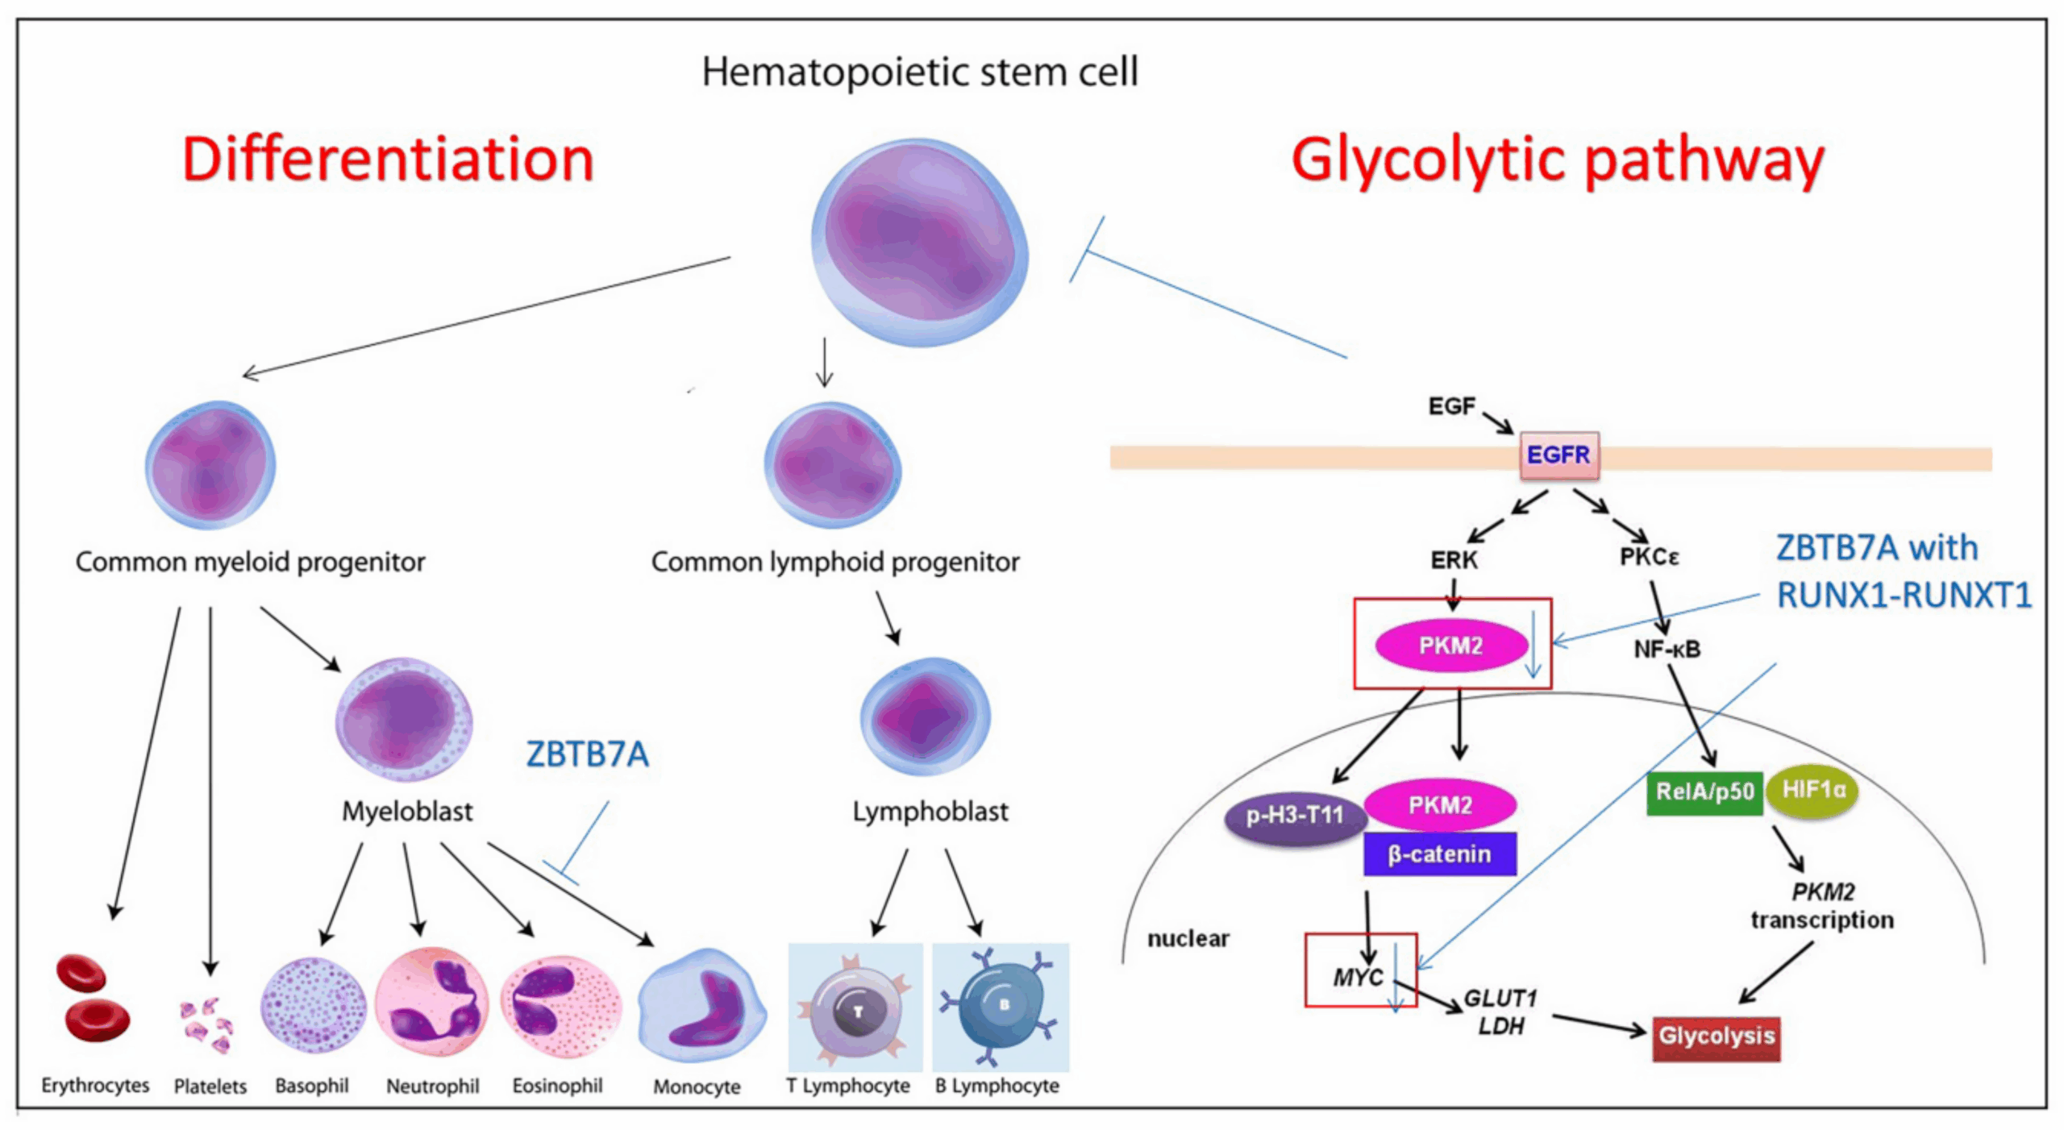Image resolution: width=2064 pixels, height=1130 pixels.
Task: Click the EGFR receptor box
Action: (x=1558, y=455)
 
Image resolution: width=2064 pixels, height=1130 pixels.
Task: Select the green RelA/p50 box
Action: (x=1703, y=791)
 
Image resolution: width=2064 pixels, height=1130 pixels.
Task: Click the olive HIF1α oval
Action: (x=1812, y=789)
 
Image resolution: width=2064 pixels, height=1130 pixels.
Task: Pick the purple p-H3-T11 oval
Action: (x=1293, y=816)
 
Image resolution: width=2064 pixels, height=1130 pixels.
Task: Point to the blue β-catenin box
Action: (x=1438, y=854)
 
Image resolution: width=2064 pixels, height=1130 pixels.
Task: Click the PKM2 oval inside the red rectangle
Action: (x=1450, y=645)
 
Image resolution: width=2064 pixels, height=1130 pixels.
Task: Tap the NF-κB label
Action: (x=1666, y=649)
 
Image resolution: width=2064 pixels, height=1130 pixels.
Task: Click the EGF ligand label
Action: (x=1450, y=405)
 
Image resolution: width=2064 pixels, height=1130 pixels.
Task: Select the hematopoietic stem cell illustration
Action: (x=919, y=242)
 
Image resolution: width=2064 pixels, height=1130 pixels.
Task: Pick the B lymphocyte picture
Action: (x=1001, y=1007)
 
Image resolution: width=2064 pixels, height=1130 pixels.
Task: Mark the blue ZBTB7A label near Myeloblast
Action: (x=586, y=754)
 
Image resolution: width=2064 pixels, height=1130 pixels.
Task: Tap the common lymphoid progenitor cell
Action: (x=832, y=465)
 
